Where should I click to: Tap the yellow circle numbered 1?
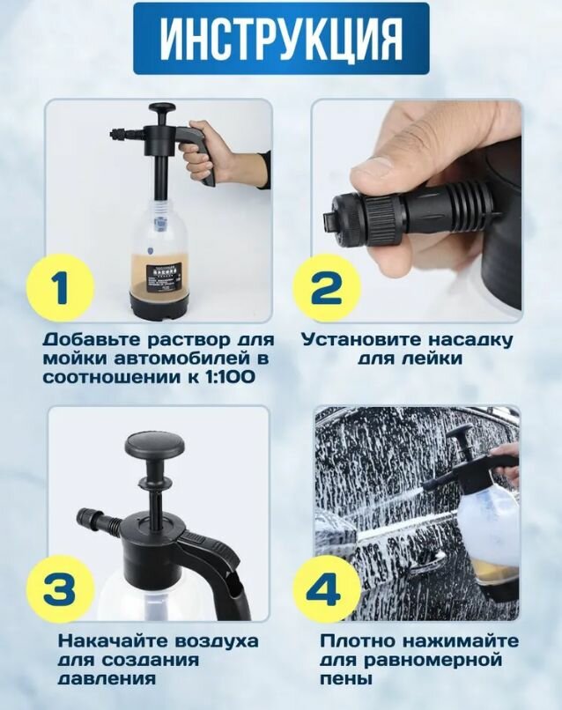[62, 287]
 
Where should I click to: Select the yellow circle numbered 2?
[326, 287]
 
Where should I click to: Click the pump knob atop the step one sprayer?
[163, 110]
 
